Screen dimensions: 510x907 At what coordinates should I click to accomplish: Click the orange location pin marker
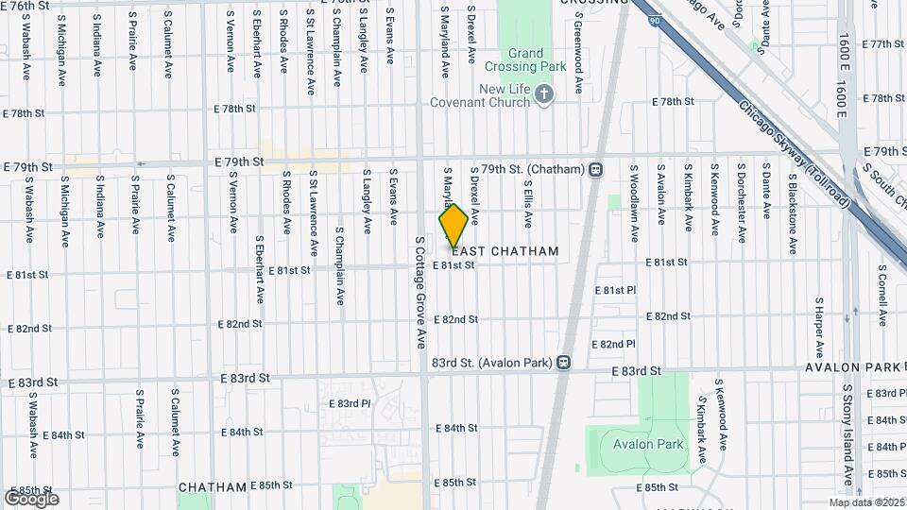tap(453, 226)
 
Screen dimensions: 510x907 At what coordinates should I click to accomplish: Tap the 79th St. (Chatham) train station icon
tap(596, 170)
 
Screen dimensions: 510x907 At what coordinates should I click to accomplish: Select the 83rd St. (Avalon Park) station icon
tap(564, 363)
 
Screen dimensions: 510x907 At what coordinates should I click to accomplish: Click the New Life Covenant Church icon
tap(543, 94)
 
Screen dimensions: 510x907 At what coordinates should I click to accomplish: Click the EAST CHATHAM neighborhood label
tap(505, 251)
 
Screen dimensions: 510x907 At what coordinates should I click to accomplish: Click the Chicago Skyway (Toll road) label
tap(795, 156)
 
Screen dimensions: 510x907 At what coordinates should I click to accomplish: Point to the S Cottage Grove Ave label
tap(421, 293)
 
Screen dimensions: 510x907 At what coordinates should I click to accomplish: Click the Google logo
tap(30, 498)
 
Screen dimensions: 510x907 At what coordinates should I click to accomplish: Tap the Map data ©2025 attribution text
tap(866, 502)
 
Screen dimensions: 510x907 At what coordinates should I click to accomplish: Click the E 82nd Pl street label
tap(613, 345)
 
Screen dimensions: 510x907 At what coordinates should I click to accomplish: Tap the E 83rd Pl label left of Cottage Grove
tap(350, 403)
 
